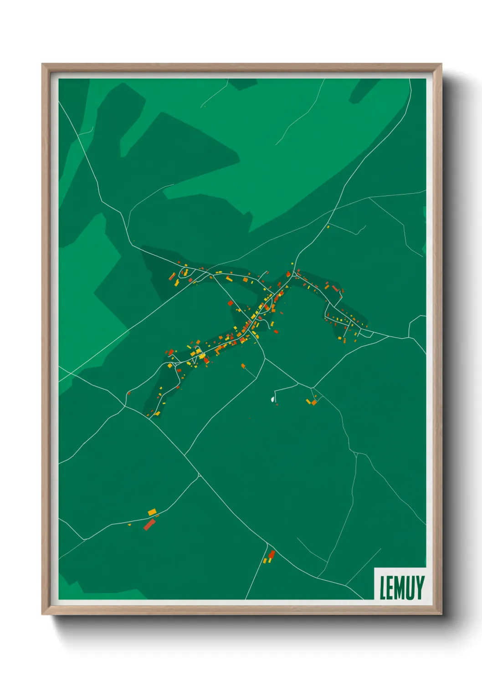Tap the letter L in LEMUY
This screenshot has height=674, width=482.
pyautogui.click(x=383, y=587)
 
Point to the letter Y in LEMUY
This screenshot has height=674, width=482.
pyautogui.click(x=420, y=587)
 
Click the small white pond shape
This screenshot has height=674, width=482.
pyautogui.click(x=273, y=399)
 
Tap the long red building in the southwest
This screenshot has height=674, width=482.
pyautogui.click(x=149, y=525)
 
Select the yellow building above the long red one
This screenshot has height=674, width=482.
pyautogui.click(x=152, y=512)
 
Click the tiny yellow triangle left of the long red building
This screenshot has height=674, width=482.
pyautogui.click(x=129, y=525)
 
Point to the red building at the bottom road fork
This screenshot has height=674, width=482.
pyautogui.click(x=272, y=554)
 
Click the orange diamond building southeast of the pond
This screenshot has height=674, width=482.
pyautogui.click(x=314, y=403)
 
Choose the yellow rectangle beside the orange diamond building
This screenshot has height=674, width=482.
pyautogui.click(x=309, y=401)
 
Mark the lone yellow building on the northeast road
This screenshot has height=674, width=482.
pyautogui.click(x=328, y=226)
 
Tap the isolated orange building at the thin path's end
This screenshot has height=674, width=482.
pyautogui.click(x=243, y=365)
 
